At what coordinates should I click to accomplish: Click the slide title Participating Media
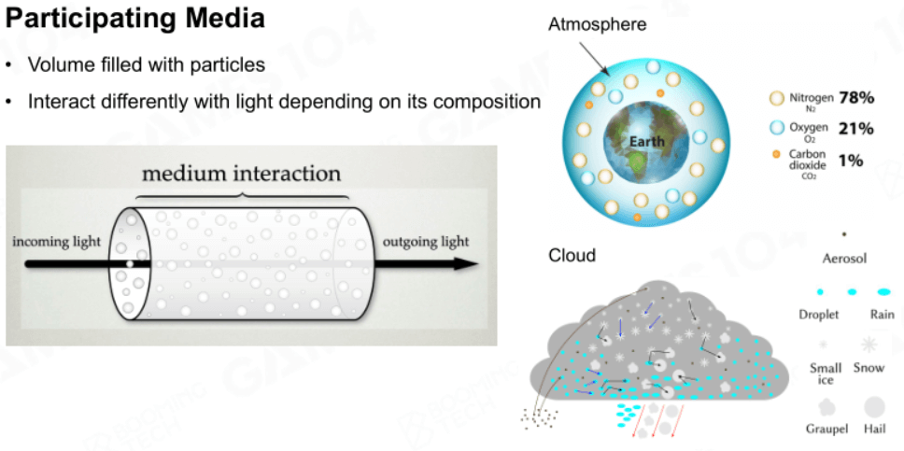(x=135, y=19)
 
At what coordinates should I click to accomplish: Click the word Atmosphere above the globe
(x=598, y=25)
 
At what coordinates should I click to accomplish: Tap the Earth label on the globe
(x=647, y=141)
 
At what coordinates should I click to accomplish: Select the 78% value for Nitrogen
(x=856, y=98)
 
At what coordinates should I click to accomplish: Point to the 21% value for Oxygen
(x=856, y=129)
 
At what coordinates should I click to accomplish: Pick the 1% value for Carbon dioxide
(x=851, y=161)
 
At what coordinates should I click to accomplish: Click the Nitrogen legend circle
(x=777, y=98)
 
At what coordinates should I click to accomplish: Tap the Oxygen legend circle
(x=777, y=128)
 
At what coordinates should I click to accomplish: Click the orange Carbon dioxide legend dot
(x=776, y=154)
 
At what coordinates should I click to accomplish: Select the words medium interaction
(x=242, y=173)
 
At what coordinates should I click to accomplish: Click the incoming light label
(x=56, y=241)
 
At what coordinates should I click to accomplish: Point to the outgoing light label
(x=426, y=241)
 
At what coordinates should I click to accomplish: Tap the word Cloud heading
(x=572, y=255)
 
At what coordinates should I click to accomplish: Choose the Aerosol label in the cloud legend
(x=844, y=259)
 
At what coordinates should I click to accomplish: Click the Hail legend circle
(x=874, y=407)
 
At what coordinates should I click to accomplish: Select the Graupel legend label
(x=826, y=430)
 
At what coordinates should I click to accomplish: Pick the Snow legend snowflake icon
(x=869, y=345)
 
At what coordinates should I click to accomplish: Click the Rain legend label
(x=883, y=315)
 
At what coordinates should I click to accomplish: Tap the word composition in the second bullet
(x=487, y=102)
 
